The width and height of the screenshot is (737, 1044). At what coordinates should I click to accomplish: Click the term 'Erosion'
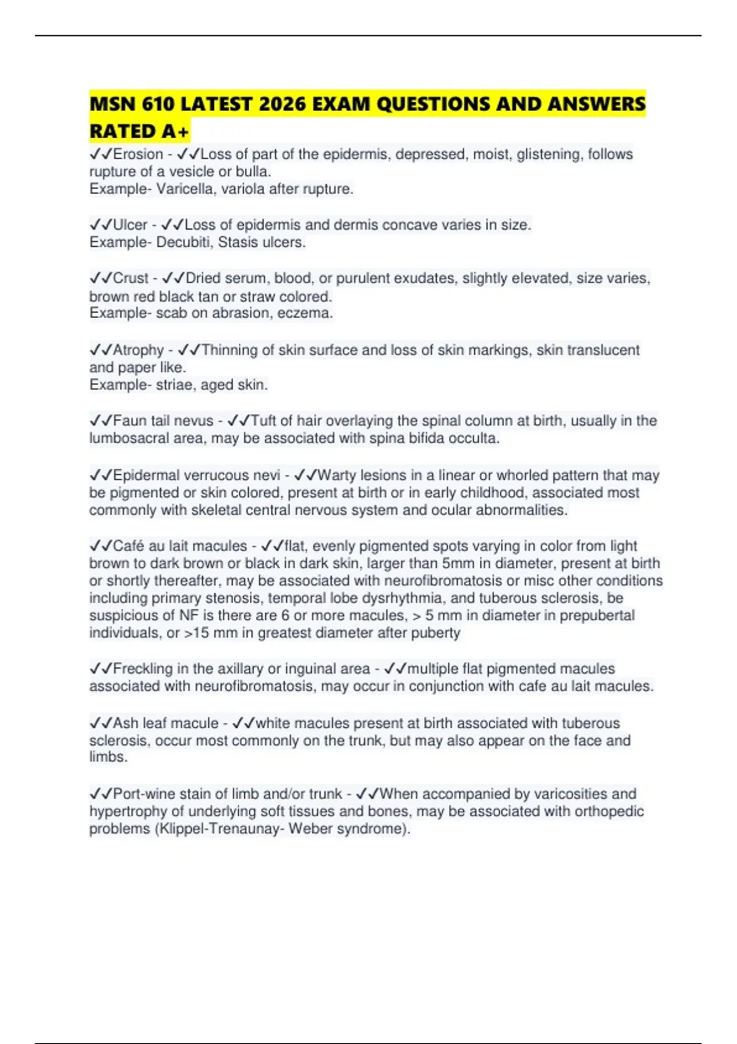point(138,154)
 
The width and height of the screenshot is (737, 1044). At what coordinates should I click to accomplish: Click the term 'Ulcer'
point(130,225)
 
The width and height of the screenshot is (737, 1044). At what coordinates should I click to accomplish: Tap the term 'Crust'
point(131,278)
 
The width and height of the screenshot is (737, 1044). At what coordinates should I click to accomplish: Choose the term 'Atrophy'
point(138,350)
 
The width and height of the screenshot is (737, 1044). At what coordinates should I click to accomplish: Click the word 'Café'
point(129,546)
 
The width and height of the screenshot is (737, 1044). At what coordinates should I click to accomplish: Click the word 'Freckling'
point(143,669)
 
